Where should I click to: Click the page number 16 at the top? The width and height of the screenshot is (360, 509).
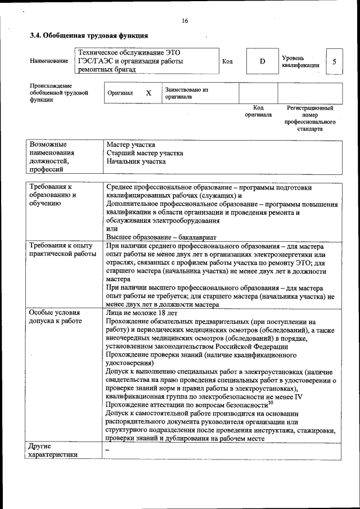click(185, 21)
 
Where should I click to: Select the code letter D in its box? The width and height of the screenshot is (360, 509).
click(262, 61)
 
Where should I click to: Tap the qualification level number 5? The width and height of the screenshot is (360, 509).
click(335, 61)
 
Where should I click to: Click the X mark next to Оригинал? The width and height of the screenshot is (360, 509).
click(148, 93)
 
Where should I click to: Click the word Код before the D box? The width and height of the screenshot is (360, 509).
click(227, 61)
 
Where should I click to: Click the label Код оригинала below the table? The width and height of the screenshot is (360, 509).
click(258, 111)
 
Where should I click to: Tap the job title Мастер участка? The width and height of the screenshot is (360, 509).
click(131, 145)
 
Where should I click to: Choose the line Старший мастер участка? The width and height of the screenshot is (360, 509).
click(145, 152)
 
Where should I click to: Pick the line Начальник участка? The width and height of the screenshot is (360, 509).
click(136, 161)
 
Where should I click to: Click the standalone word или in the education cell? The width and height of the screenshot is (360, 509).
click(112, 229)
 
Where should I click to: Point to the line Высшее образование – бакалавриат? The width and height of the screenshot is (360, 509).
click(161, 237)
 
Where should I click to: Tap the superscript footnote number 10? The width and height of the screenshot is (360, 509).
click(270, 402)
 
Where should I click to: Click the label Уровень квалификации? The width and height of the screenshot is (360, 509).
click(301, 61)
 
